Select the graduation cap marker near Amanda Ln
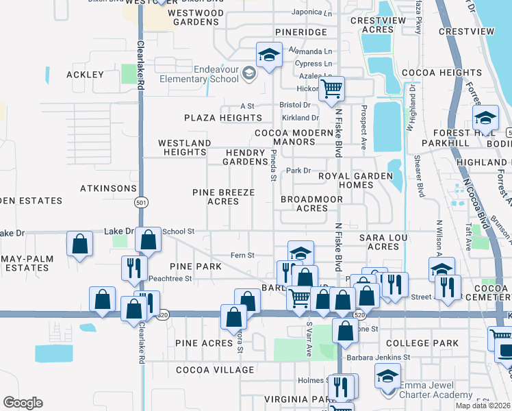click(269, 54)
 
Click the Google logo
click(23, 403)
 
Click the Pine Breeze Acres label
click(223, 197)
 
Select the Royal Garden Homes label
click(355, 180)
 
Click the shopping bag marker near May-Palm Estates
click(79, 243)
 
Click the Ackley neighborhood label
click(85, 75)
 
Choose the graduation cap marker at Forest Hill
click(485, 118)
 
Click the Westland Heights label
click(184, 147)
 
